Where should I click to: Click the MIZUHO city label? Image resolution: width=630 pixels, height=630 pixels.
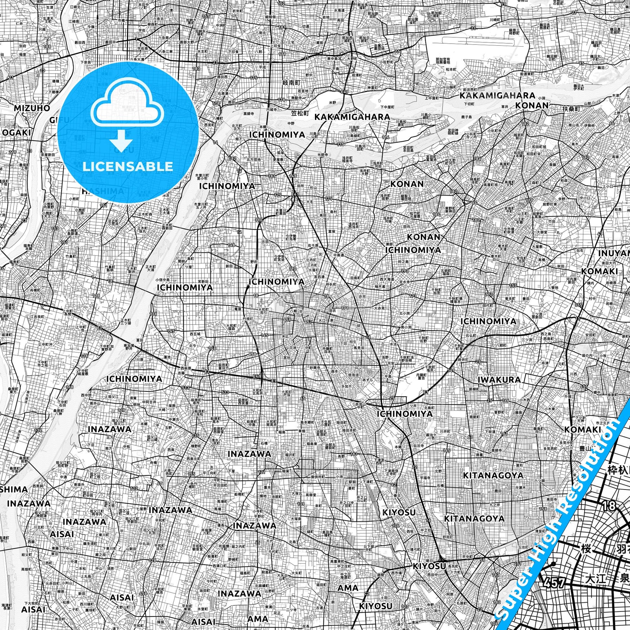32,108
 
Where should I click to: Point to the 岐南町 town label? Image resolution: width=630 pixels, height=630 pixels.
291,83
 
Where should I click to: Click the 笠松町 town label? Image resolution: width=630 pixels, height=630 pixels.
300,114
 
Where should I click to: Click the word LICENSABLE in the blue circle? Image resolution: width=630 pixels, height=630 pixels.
128,167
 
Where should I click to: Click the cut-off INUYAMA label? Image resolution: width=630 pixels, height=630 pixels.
613,253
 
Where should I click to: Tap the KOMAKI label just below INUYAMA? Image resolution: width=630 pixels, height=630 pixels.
599,272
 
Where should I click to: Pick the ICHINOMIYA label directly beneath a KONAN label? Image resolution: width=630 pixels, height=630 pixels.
413,250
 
